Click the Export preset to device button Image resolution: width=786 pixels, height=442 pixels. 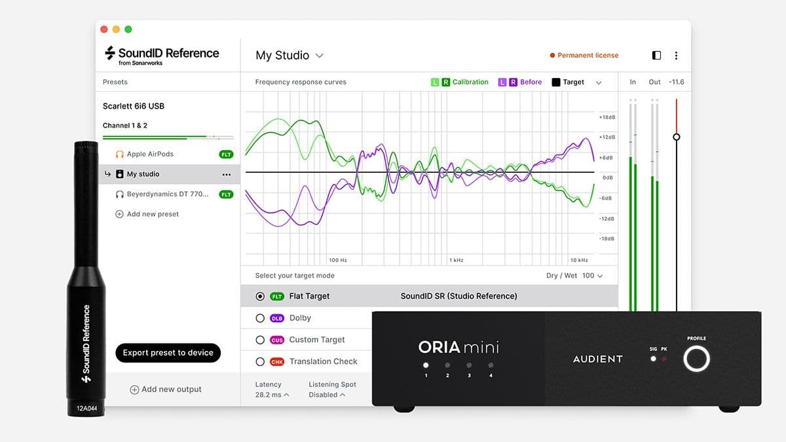coord(168,353)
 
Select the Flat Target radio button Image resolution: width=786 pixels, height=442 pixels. coord(260,297)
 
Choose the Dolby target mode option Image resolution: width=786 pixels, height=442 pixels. coord(260,318)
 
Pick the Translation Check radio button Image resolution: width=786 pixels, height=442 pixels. coord(260,361)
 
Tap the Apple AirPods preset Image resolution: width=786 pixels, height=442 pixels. coord(150,155)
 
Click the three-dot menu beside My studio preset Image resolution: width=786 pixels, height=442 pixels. coord(227,175)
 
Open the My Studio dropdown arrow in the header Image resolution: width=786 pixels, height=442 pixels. coord(320,56)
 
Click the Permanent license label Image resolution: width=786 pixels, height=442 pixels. coord(588,56)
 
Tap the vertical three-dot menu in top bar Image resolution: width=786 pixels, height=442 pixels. coord(676,56)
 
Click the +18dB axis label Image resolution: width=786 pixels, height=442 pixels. coord(607,117)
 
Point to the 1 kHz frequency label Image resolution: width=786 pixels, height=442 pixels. coord(457,260)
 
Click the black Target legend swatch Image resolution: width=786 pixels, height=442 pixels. coord(556,83)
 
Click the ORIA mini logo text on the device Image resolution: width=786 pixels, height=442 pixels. coord(458,347)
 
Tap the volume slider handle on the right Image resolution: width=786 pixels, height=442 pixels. coord(677,137)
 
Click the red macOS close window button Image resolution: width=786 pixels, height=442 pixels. coord(104,29)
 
